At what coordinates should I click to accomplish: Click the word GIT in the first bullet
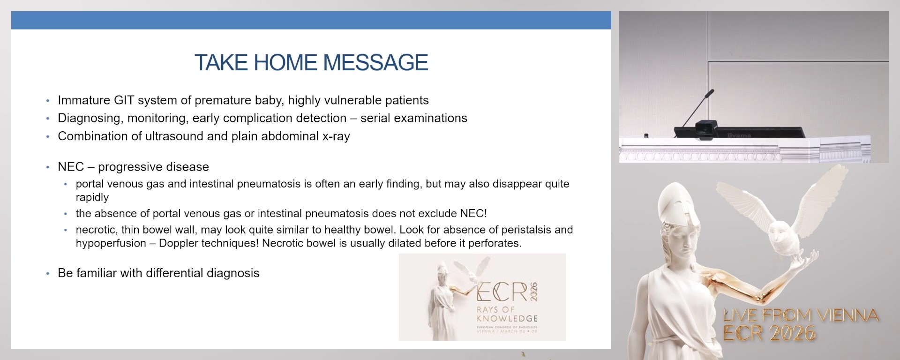[124, 100]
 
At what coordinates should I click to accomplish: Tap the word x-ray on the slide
[336, 136]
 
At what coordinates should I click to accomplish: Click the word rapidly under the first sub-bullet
[92, 197]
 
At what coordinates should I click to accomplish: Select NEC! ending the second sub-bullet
[473, 214]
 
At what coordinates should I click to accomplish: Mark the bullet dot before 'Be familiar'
[48, 274]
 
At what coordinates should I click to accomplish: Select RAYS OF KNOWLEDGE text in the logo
[506, 314]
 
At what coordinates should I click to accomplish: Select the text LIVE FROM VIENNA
[801, 315]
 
